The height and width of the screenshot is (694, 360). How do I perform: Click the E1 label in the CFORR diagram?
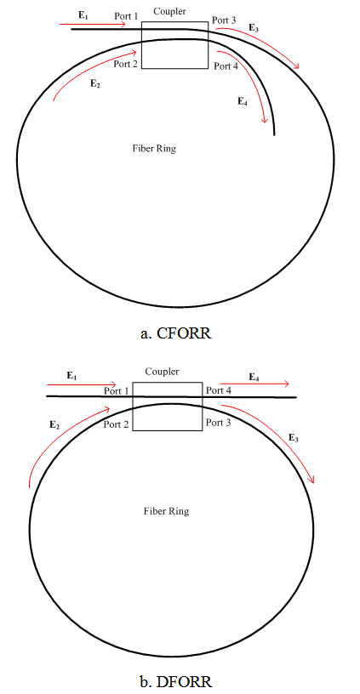point(83,14)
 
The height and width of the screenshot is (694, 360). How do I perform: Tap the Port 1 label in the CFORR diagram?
point(126,16)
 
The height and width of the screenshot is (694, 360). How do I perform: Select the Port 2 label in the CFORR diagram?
point(125,64)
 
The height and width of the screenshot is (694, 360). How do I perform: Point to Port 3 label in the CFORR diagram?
point(224,20)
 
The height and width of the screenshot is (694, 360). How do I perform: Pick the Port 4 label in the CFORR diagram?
point(226,66)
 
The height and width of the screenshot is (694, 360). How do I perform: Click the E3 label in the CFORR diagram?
point(254,28)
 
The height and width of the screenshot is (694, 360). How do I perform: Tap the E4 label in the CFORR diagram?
point(243,102)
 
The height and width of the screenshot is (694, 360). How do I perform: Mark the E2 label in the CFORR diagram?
point(94,82)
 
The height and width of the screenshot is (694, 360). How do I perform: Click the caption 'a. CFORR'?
point(176,333)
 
